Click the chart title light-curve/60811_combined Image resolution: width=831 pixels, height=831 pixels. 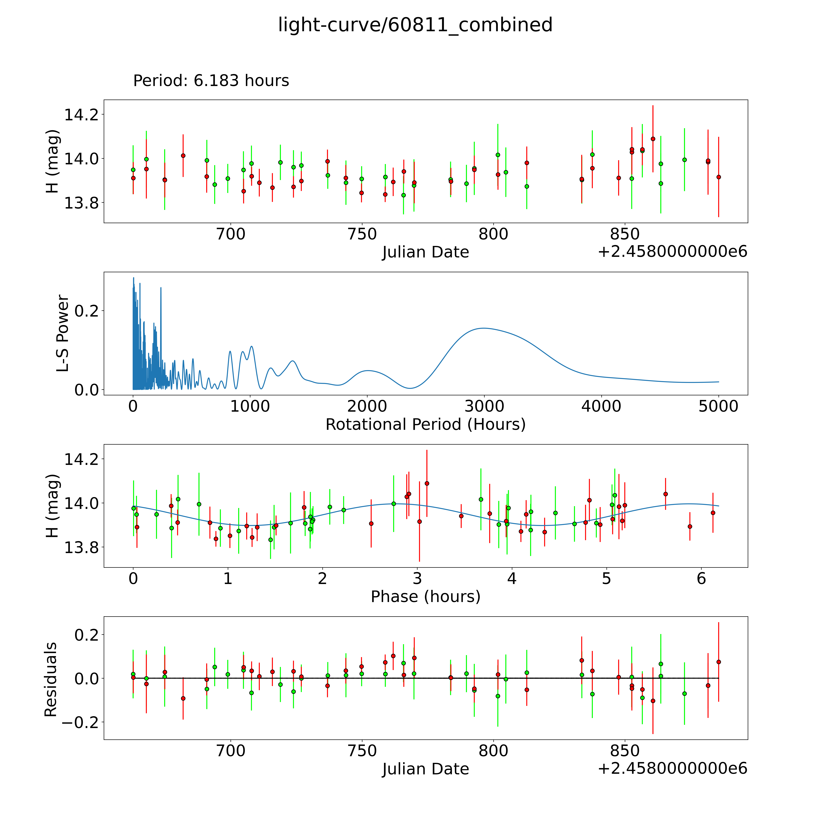point(415,25)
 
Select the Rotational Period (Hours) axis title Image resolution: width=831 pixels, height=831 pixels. point(425,425)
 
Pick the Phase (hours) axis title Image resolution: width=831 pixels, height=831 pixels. point(425,597)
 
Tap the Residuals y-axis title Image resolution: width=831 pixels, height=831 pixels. point(51,680)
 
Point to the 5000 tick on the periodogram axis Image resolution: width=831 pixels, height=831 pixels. point(718,406)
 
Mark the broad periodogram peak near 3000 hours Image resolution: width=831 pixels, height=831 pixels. point(484,328)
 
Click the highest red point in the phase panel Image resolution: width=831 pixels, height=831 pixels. point(427,484)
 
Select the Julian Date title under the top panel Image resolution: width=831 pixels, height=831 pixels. point(425,252)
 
